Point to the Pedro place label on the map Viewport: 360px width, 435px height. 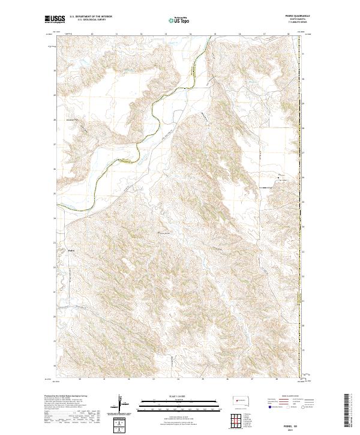coord(70,251)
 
